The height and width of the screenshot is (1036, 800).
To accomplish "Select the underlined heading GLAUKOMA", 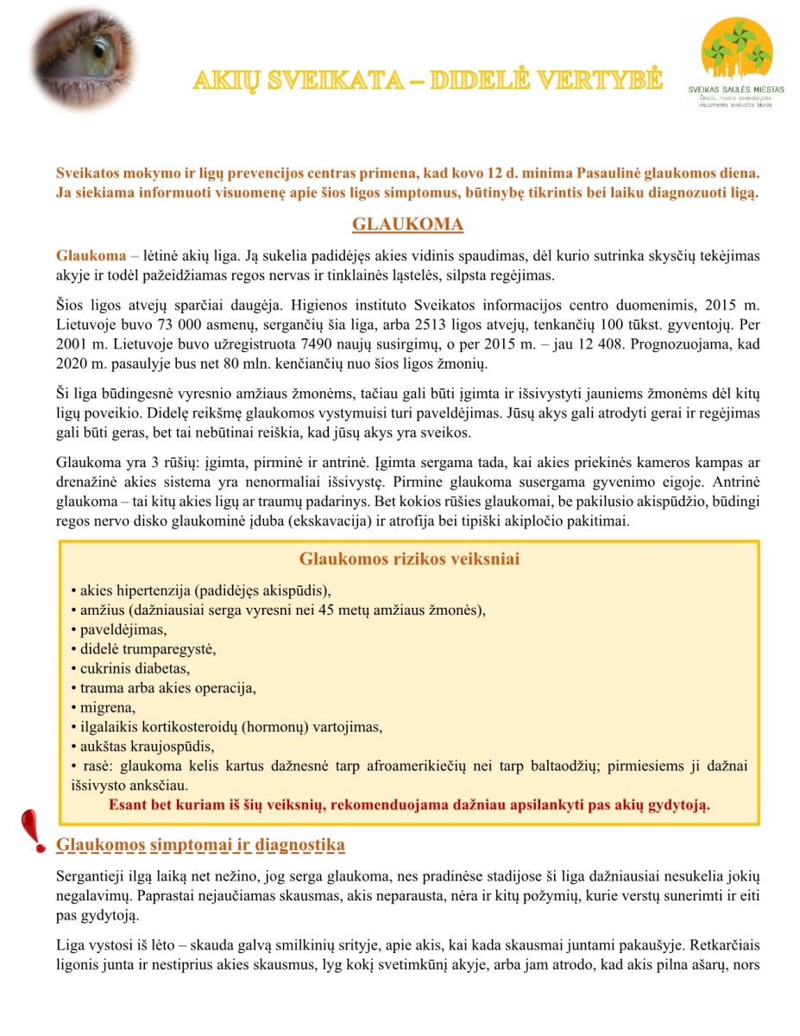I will (407, 225).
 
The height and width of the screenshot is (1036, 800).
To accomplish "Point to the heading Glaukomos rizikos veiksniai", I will (409, 559).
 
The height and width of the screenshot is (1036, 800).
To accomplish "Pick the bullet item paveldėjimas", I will (123, 629).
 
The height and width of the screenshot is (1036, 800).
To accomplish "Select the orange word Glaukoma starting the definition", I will (90, 256).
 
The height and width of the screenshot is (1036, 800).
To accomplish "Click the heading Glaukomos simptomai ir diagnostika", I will (200, 844).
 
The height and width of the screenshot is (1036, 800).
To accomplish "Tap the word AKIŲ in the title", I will (226, 81).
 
